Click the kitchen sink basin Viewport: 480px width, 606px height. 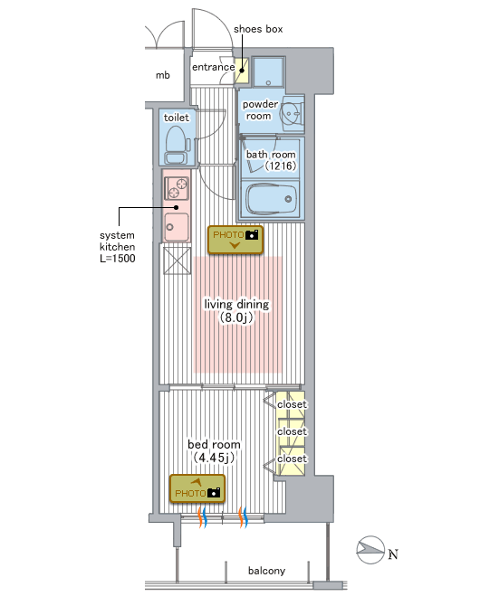point(177,227)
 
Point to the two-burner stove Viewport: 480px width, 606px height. point(177,187)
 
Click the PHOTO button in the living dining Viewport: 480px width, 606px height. point(235,240)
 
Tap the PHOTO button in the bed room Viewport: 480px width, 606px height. point(197,488)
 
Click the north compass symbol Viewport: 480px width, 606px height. point(370,550)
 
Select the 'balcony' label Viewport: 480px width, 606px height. point(266,571)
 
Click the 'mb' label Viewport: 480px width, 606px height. point(163,75)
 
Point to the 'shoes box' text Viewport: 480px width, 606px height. point(258,29)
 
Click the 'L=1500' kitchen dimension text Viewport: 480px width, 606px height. point(118,259)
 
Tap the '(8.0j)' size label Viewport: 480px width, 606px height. point(236,317)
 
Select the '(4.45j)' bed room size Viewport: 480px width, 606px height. point(214,458)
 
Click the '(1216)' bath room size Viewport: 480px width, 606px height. point(280,166)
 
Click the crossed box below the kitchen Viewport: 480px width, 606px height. point(177,260)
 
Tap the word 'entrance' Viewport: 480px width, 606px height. point(214,67)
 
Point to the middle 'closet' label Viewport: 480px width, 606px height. point(292,431)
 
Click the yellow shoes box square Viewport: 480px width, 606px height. point(242,71)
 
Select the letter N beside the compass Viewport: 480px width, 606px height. point(393,554)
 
